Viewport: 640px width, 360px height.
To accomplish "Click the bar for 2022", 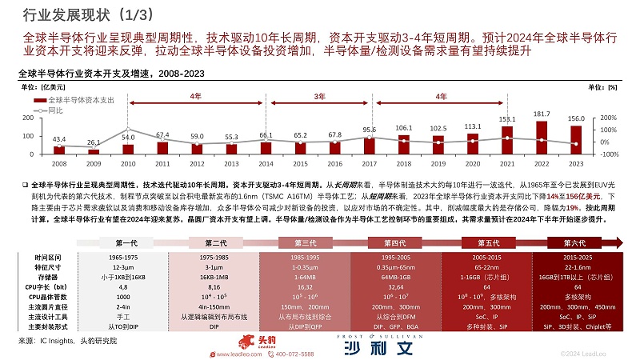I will coord(541,137).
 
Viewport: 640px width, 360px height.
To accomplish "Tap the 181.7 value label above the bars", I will coord(541,114).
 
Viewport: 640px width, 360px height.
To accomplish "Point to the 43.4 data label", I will coord(59,139).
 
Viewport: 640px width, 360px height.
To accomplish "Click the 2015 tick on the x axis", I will coord(300,163).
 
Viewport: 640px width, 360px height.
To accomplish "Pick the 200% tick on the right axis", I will coord(607,106).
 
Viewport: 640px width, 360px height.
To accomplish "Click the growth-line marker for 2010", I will coord(128,130).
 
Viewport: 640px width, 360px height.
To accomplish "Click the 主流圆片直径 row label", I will coord(52,306).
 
